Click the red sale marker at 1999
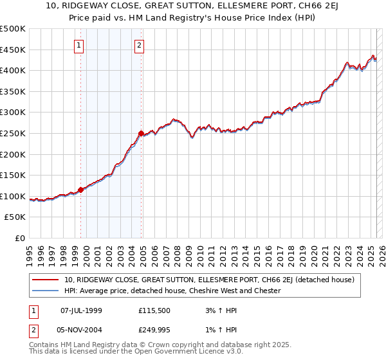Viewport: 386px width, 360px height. tap(81, 190)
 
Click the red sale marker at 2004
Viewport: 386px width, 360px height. tap(141, 133)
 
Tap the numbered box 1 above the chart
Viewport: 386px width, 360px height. tap(78, 45)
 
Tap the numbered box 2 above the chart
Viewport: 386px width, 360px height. tap(139, 45)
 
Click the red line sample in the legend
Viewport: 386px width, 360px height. tap(45, 280)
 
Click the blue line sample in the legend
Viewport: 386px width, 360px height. tap(45, 291)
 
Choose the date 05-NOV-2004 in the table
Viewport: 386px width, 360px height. tap(81, 328)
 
